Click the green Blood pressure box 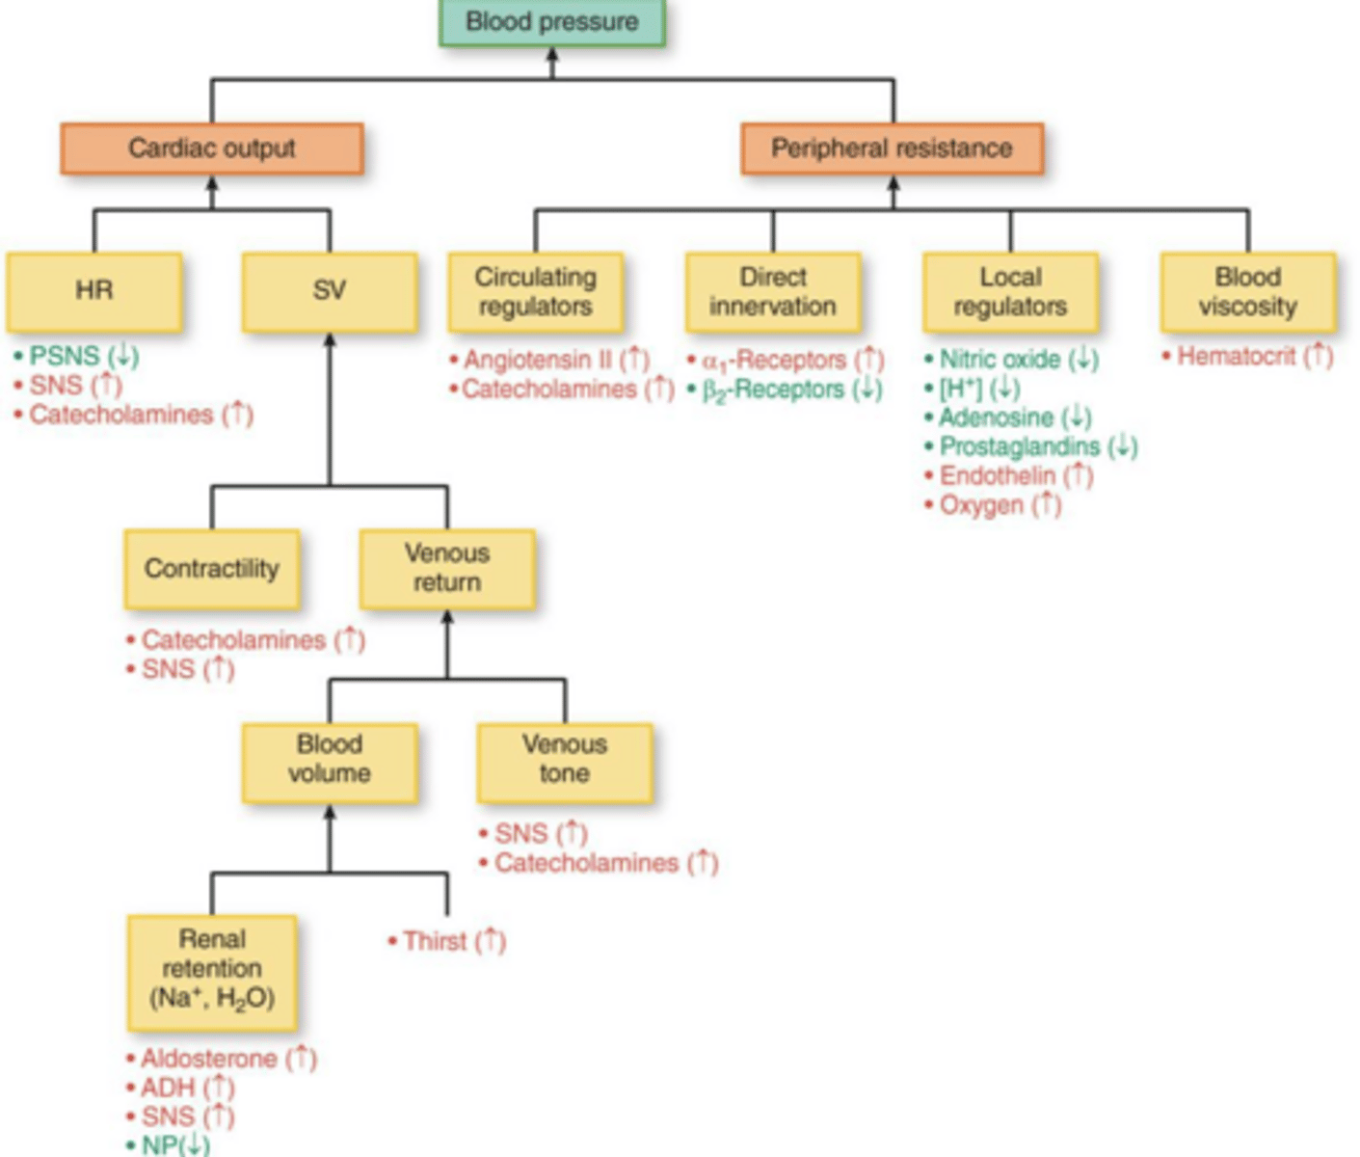(x=551, y=22)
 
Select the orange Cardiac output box (x=211, y=148)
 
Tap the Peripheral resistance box (x=892, y=148)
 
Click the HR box (x=93, y=291)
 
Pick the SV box (x=329, y=291)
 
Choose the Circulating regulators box (x=535, y=291)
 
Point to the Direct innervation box (x=772, y=291)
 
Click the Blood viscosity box (x=1247, y=291)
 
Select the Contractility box (x=211, y=569)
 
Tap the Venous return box (x=446, y=569)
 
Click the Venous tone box (x=564, y=760)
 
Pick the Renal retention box (x=211, y=969)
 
